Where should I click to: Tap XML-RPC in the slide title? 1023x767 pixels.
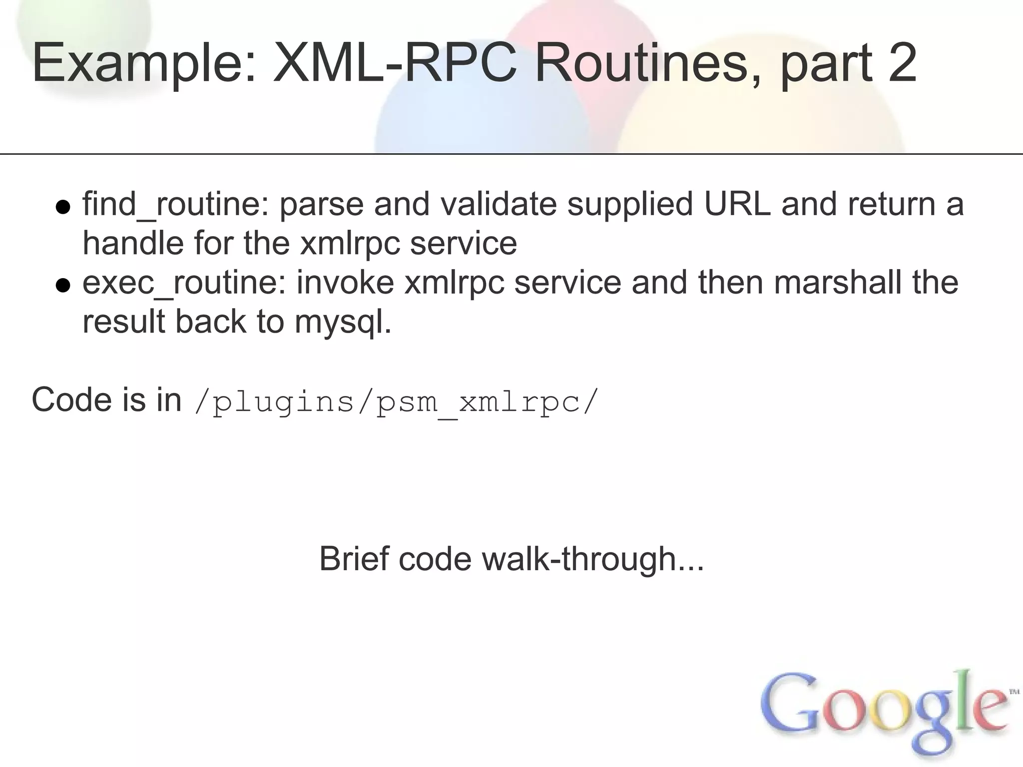pyautogui.click(x=395, y=63)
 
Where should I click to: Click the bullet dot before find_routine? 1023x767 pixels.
pyautogui.click(x=62, y=207)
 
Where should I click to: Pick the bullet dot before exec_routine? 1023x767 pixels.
pyautogui.click(x=62, y=286)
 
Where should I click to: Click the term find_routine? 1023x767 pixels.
pyautogui.click(x=176, y=205)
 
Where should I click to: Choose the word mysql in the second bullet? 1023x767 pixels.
pyautogui.click(x=343, y=323)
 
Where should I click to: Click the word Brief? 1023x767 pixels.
pyautogui.click(x=354, y=559)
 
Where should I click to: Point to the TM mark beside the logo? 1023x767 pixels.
pyautogui.click(x=1014, y=692)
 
